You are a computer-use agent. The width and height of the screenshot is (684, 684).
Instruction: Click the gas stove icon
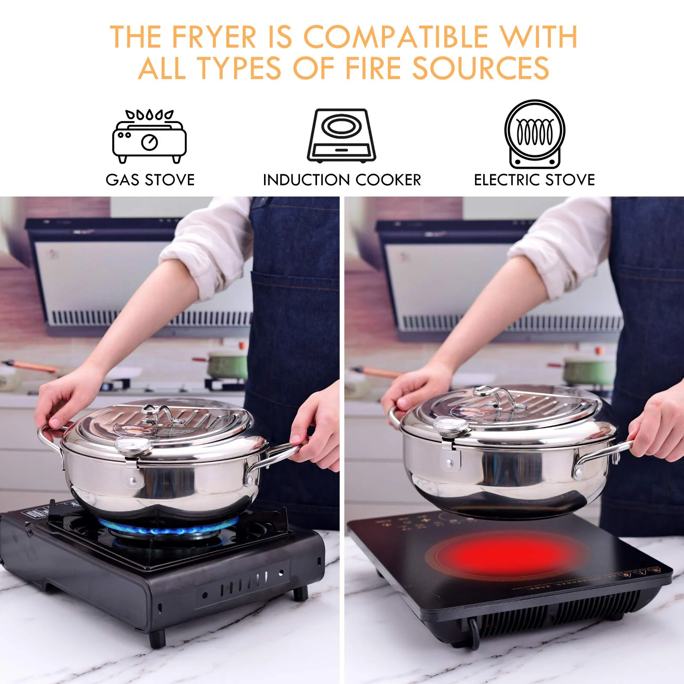(149, 137)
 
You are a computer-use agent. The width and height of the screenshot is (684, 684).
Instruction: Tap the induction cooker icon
(341, 136)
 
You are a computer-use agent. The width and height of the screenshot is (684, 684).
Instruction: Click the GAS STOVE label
(150, 180)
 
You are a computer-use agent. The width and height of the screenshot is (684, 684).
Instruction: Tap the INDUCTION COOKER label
(342, 180)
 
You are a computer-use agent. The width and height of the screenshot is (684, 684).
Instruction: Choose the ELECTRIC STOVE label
(534, 180)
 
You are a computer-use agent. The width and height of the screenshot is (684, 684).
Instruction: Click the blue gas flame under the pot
(167, 530)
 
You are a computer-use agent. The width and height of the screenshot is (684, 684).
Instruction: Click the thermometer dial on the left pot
(133, 446)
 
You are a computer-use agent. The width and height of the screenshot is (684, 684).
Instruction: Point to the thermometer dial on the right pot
(451, 426)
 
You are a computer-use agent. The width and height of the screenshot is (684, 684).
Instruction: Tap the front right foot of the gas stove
(300, 593)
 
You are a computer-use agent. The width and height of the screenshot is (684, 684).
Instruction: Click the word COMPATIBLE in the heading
(396, 37)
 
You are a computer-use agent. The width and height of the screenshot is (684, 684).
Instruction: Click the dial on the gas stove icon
(149, 142)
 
